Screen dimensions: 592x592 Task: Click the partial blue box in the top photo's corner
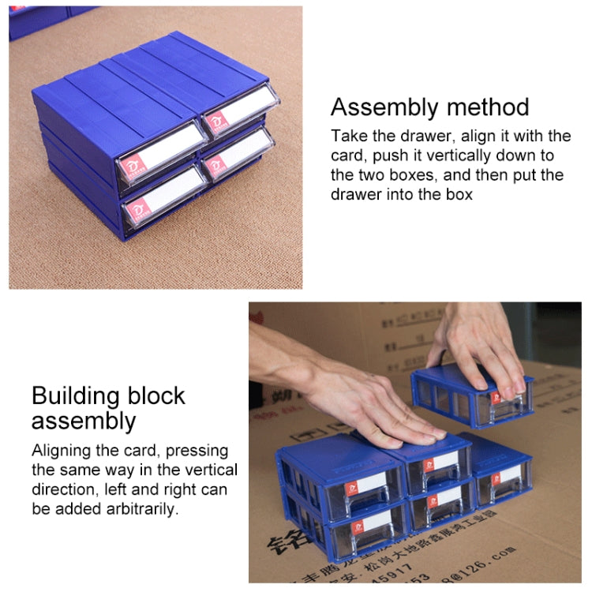[x=39, y=20]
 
